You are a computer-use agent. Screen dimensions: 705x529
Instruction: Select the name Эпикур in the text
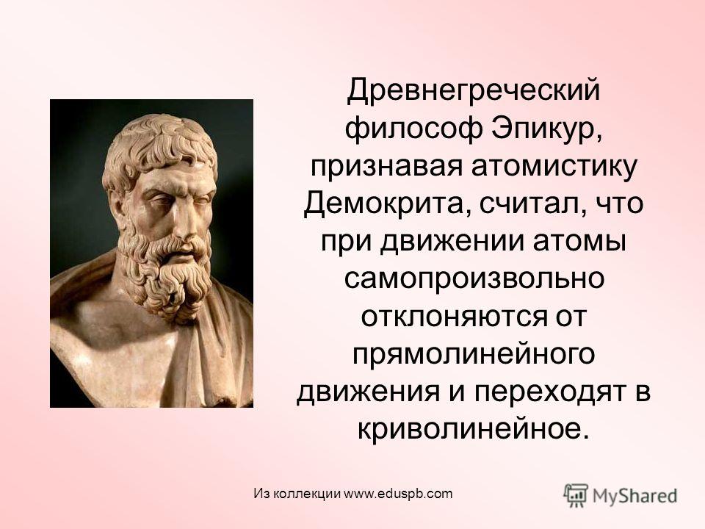(x=546, y=129)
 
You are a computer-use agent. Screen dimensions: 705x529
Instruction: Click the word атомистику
(x=554, y=167)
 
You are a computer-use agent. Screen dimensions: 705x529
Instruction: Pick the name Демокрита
(x=387, y=205)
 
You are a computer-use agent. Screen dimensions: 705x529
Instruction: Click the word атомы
(x=579, y=241)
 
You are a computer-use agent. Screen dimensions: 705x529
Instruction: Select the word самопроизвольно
(x=474, y=280)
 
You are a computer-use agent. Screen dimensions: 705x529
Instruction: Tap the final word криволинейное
(x=473, y=430)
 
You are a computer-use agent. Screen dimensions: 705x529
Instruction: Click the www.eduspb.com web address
(x=398, y=494)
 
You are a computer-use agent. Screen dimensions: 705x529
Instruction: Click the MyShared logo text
(x=634, y=496)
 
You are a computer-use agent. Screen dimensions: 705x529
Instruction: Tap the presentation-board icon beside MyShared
(x=576, y=495)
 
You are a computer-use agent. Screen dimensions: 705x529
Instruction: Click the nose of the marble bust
(x=184, y=220)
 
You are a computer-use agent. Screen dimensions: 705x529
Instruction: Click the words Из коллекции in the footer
(x=297, y=494)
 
